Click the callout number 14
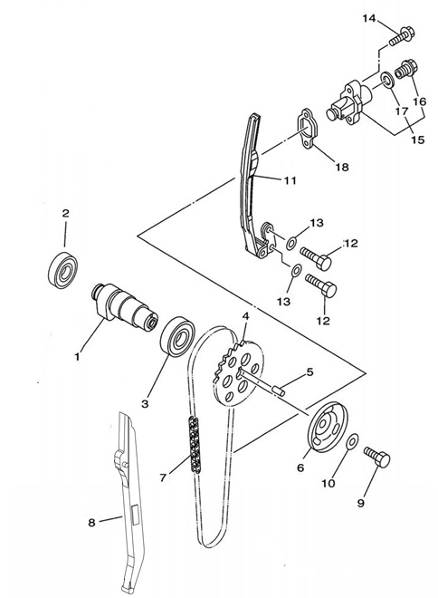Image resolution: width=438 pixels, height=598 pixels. [x=368, y=18]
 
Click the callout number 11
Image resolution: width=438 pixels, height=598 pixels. [x=290, y=180]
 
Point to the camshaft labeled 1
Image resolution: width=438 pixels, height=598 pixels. [x=126, y=306]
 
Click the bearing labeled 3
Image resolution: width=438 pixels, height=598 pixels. [x=177, y=336]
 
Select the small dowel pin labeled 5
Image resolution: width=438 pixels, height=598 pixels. [x=279, y=391]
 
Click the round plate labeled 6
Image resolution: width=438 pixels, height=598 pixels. [x=328, y=427]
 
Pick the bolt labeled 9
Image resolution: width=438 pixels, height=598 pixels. [x=377, y=456]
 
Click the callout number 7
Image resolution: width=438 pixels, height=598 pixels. [x=163, y=477]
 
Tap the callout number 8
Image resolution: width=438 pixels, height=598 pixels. [x=91, y=522]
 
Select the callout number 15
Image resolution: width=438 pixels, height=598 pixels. [x=418, y=140]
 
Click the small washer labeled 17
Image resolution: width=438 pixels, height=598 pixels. [x=388, y=81]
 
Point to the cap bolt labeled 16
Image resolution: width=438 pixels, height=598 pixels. [x=406, y=69]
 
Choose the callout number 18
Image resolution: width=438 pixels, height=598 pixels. [x=342, y=167]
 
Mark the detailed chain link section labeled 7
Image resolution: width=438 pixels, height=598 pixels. [x=195, y=445]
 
